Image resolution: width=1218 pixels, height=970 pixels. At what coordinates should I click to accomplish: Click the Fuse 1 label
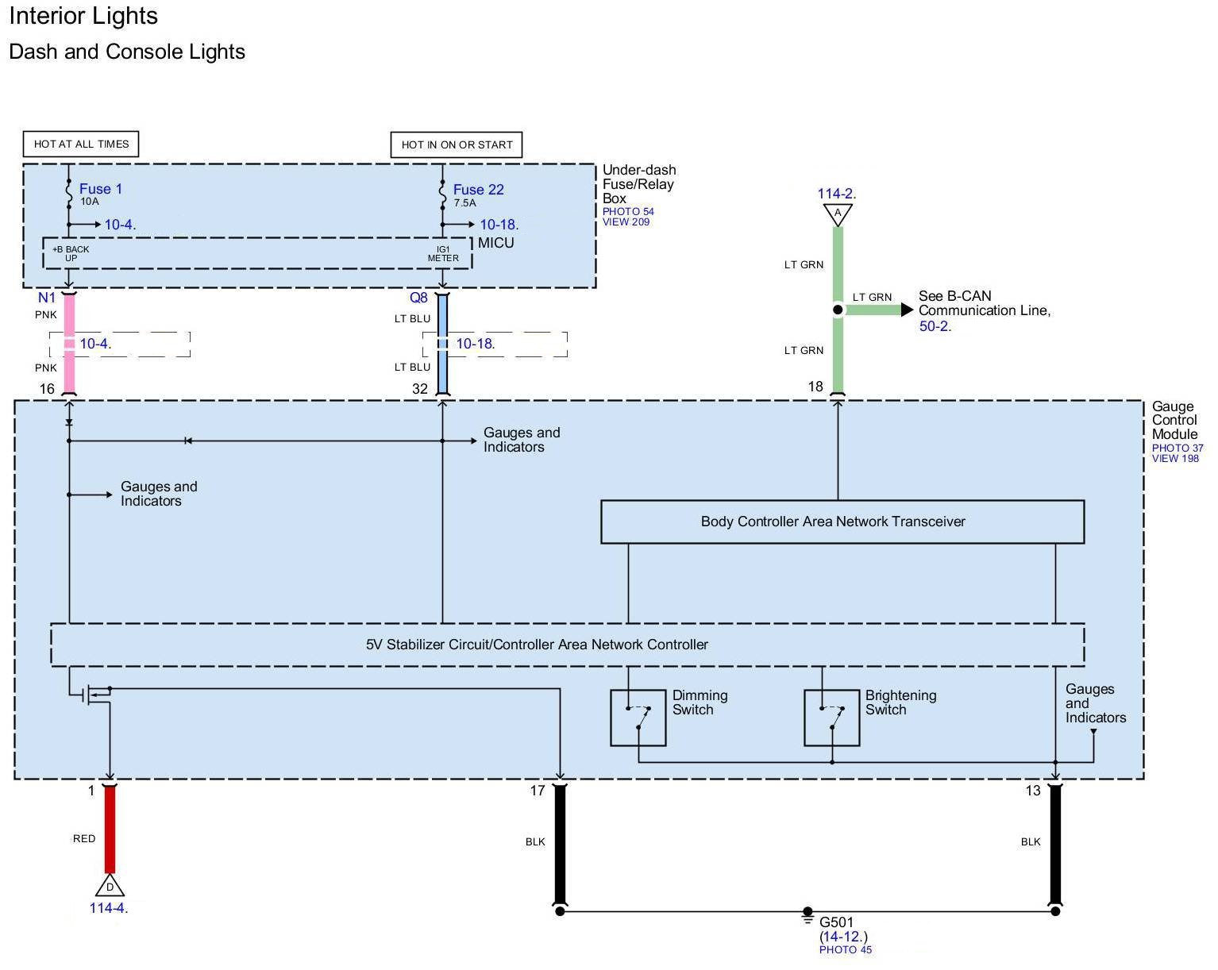pyautogui.click(x=100, y=189)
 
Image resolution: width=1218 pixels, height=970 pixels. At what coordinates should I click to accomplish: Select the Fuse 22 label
pyautogui.click(x=478, y=190)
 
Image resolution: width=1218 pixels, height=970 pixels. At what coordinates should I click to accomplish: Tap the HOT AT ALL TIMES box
pyautogui.click(x=81, y=144)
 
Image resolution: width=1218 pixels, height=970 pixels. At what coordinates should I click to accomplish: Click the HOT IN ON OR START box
pyautogui.click(x=457, y=144)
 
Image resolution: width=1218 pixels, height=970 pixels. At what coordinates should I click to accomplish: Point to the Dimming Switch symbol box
pyautogui.click(x=638, y=718)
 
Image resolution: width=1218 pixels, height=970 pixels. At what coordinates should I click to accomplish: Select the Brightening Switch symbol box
pyautogui.click(x=831, y=718)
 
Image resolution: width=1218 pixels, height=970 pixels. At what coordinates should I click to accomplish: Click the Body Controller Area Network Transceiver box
pyautogui.click(x=842, y=522)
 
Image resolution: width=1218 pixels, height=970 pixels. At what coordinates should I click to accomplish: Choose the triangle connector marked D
pyautogui.click(x=110, y=886)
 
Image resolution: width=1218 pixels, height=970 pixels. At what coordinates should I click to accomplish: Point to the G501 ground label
pyautogui.click(x=836, y=922)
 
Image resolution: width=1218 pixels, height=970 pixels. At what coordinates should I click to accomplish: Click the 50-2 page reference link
pyautogui.click(x=934, y=326)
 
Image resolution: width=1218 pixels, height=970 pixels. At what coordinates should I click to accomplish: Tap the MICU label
pyautogui.click(x=496, y=243)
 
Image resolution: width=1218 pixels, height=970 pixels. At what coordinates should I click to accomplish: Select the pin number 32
pyautogui.click(x=420, y=389)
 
